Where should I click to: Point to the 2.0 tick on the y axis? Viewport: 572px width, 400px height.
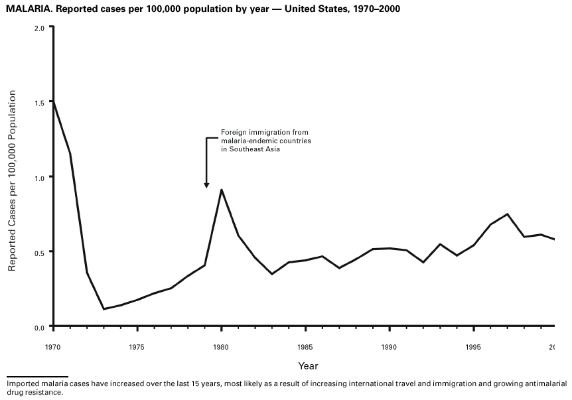click(39, 28)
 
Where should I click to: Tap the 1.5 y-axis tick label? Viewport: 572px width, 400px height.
click(39, 103)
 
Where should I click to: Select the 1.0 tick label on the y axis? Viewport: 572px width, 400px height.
click(39, 178)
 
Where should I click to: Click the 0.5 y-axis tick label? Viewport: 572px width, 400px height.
click(39, 253)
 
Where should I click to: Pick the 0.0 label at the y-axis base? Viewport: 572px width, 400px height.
click(39, 328)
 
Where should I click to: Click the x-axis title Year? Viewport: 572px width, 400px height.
click(308, 366)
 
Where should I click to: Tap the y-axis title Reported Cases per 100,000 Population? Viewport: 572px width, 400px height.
click(11, 178)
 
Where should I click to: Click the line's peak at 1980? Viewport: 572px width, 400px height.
click(221, 190)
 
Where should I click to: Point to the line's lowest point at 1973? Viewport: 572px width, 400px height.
click(104, 309)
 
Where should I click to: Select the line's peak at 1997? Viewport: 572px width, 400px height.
click(507, 214)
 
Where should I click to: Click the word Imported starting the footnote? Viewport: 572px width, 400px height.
click(21, 383)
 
